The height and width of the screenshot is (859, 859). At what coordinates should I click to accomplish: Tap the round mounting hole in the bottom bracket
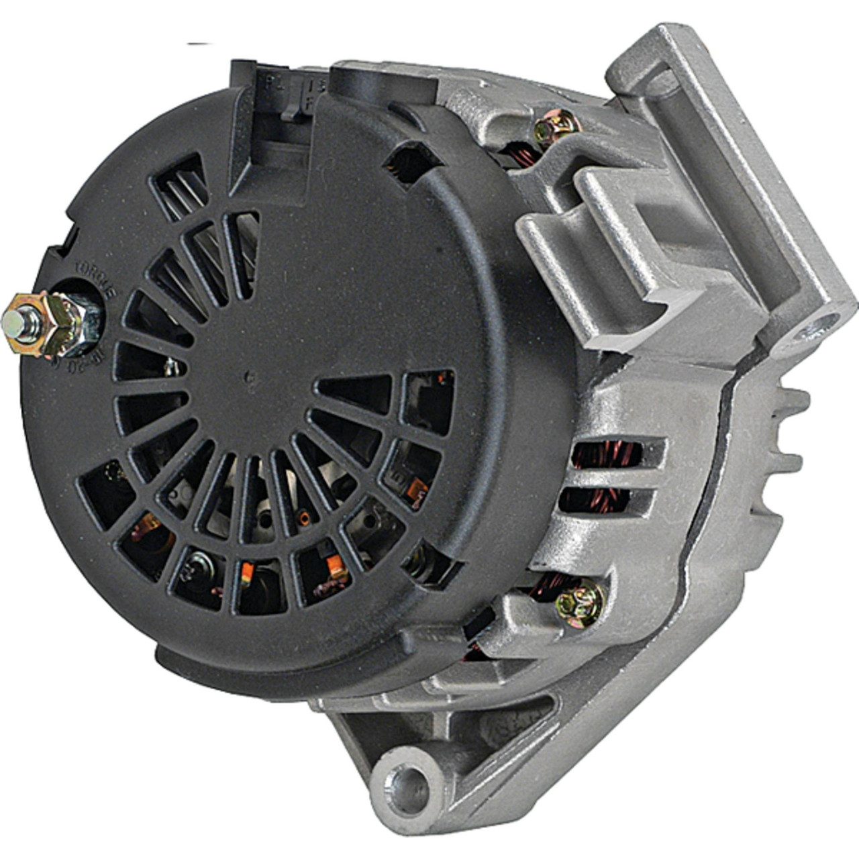[410, 780]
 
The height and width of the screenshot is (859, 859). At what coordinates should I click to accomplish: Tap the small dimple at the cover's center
[250, 378]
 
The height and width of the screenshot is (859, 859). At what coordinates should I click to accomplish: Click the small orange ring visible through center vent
[304, 517]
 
